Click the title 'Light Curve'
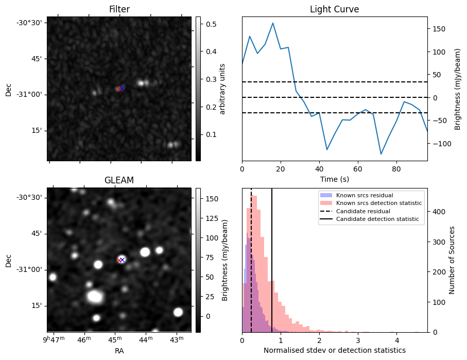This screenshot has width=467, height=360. point(334,9)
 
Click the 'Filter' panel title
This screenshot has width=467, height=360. point(119,9)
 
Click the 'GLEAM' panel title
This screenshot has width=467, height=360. point(119,180)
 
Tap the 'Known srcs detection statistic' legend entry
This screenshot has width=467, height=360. point(378,203)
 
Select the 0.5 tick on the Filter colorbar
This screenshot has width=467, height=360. point(210,24)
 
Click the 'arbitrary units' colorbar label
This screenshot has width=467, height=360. point(222,89)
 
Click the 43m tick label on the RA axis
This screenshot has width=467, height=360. point(177,340)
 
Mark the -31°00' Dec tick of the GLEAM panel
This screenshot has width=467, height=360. point(30,269)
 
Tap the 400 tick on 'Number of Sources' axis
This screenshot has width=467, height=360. point(437,212)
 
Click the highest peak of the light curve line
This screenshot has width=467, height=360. point(273,23)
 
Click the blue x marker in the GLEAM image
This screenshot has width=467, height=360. point(122,260)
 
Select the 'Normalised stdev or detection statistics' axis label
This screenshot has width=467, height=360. point(334,351)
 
